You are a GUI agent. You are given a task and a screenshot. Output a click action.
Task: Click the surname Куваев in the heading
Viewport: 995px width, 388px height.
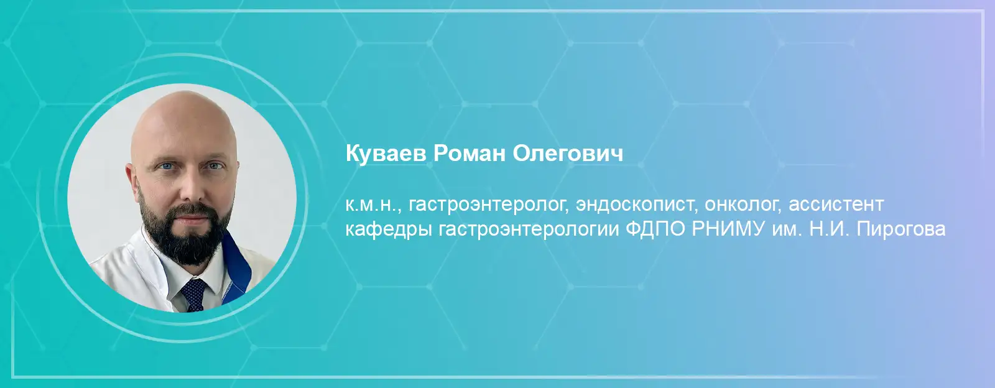(386, 154)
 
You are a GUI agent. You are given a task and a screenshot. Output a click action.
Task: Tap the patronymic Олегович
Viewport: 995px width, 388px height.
(568, 154)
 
